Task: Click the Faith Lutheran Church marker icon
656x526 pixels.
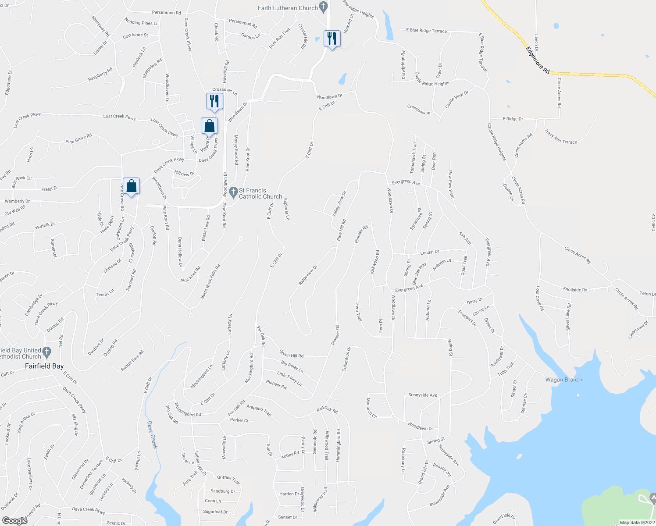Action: click(x=324, y=7)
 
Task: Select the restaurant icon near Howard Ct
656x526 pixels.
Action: click(x=332, y=39)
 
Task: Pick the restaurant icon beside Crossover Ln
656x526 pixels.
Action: click(x=214, y=101)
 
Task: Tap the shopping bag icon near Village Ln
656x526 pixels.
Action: click(x=210, y=126)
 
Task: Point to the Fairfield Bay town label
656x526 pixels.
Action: click(x=44, y=366)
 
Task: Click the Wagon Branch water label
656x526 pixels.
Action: click(x=563, y=380)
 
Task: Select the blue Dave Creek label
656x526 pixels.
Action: click(x=152, y=435)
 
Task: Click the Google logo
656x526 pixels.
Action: click(x=14, y=520)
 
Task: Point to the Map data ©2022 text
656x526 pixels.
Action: click(x=637, y=522)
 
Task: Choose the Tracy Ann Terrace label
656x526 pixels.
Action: click(x=560, y=136)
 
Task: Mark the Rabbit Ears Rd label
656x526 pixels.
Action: click(x=132, y=361)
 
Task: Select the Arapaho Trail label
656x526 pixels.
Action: click(x=259, y=410)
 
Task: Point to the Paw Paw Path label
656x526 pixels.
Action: click(x=451, y=184)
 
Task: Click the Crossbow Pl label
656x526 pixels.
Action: click(x=418, y=110)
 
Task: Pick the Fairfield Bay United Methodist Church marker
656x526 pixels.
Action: click(x=47, y=352)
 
